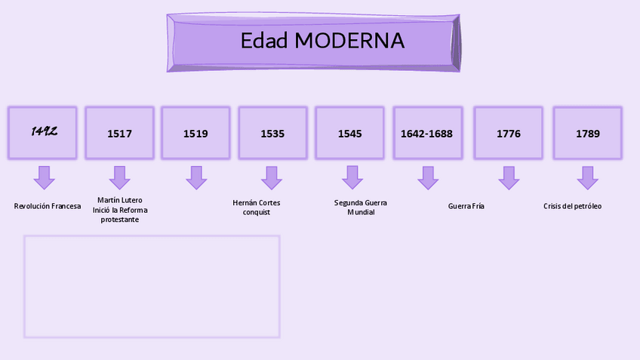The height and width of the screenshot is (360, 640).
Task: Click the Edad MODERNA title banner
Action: (313, 42)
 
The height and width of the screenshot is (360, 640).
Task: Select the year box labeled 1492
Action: (43, 133)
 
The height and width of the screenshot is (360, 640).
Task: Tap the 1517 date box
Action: (119, 133)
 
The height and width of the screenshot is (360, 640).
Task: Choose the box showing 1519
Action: (195, 133)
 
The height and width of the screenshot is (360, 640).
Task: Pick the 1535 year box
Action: (272, 133)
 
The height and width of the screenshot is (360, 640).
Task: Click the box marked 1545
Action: (349, 133)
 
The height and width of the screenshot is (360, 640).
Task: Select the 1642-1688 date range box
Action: (427, 133)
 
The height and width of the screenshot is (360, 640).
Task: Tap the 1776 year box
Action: (508, 133)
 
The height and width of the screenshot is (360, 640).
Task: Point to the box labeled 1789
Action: (587, 133)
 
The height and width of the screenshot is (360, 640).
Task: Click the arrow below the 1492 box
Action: (45, 177)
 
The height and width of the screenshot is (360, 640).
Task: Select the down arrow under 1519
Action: (196, 177)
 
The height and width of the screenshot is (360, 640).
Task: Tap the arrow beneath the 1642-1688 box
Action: (428, 177)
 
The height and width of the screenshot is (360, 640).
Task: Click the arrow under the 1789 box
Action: (587, 177)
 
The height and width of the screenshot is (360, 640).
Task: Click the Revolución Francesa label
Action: (48, 206)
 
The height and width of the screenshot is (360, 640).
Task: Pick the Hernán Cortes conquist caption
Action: (257, 208)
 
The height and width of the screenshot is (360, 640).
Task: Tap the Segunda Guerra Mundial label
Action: (361, 208)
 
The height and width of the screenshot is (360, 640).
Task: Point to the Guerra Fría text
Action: (466, 206)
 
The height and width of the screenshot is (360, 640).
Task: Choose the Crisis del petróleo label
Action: (573, 206)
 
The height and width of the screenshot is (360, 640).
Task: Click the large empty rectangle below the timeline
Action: (152, 287)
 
